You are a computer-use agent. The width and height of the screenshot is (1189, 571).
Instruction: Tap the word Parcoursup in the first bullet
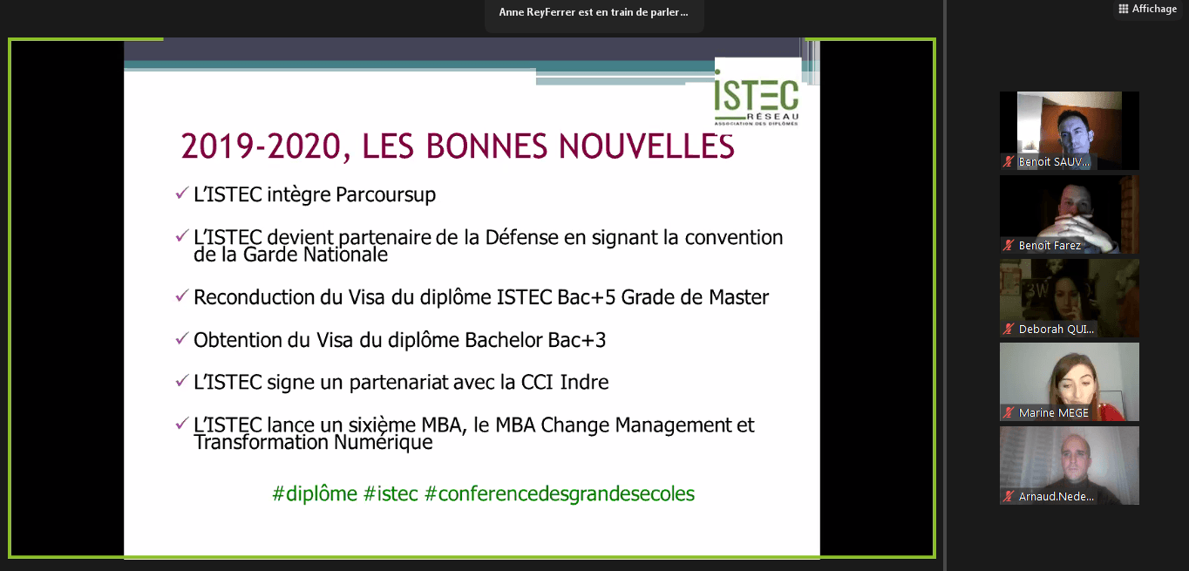(x=386, y=195)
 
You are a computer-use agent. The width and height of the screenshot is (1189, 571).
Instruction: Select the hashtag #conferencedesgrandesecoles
(x=560, y=494)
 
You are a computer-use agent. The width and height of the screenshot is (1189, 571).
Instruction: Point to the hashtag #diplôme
(x=315, y=494)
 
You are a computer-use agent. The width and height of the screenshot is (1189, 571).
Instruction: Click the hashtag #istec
(x=391, y=494)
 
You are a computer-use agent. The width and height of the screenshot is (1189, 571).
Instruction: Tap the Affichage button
(x=1147, y=9)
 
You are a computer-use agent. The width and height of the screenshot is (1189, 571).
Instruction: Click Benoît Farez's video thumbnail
(x=1069, y=214)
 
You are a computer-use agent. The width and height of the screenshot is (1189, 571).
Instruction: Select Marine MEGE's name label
(x=1053, y=413)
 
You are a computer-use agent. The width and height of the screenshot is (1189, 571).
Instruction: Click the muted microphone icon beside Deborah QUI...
(x=1009, y=329)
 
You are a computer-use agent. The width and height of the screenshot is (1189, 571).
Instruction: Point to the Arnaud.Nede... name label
(x=1056, y=497)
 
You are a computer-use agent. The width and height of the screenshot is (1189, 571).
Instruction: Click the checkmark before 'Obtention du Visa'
(x=182, y=337)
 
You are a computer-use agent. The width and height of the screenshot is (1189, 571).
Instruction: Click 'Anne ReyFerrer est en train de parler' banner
(x=594, y=12)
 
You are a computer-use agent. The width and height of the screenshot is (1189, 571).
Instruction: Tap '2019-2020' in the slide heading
(x=260, y=146)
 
